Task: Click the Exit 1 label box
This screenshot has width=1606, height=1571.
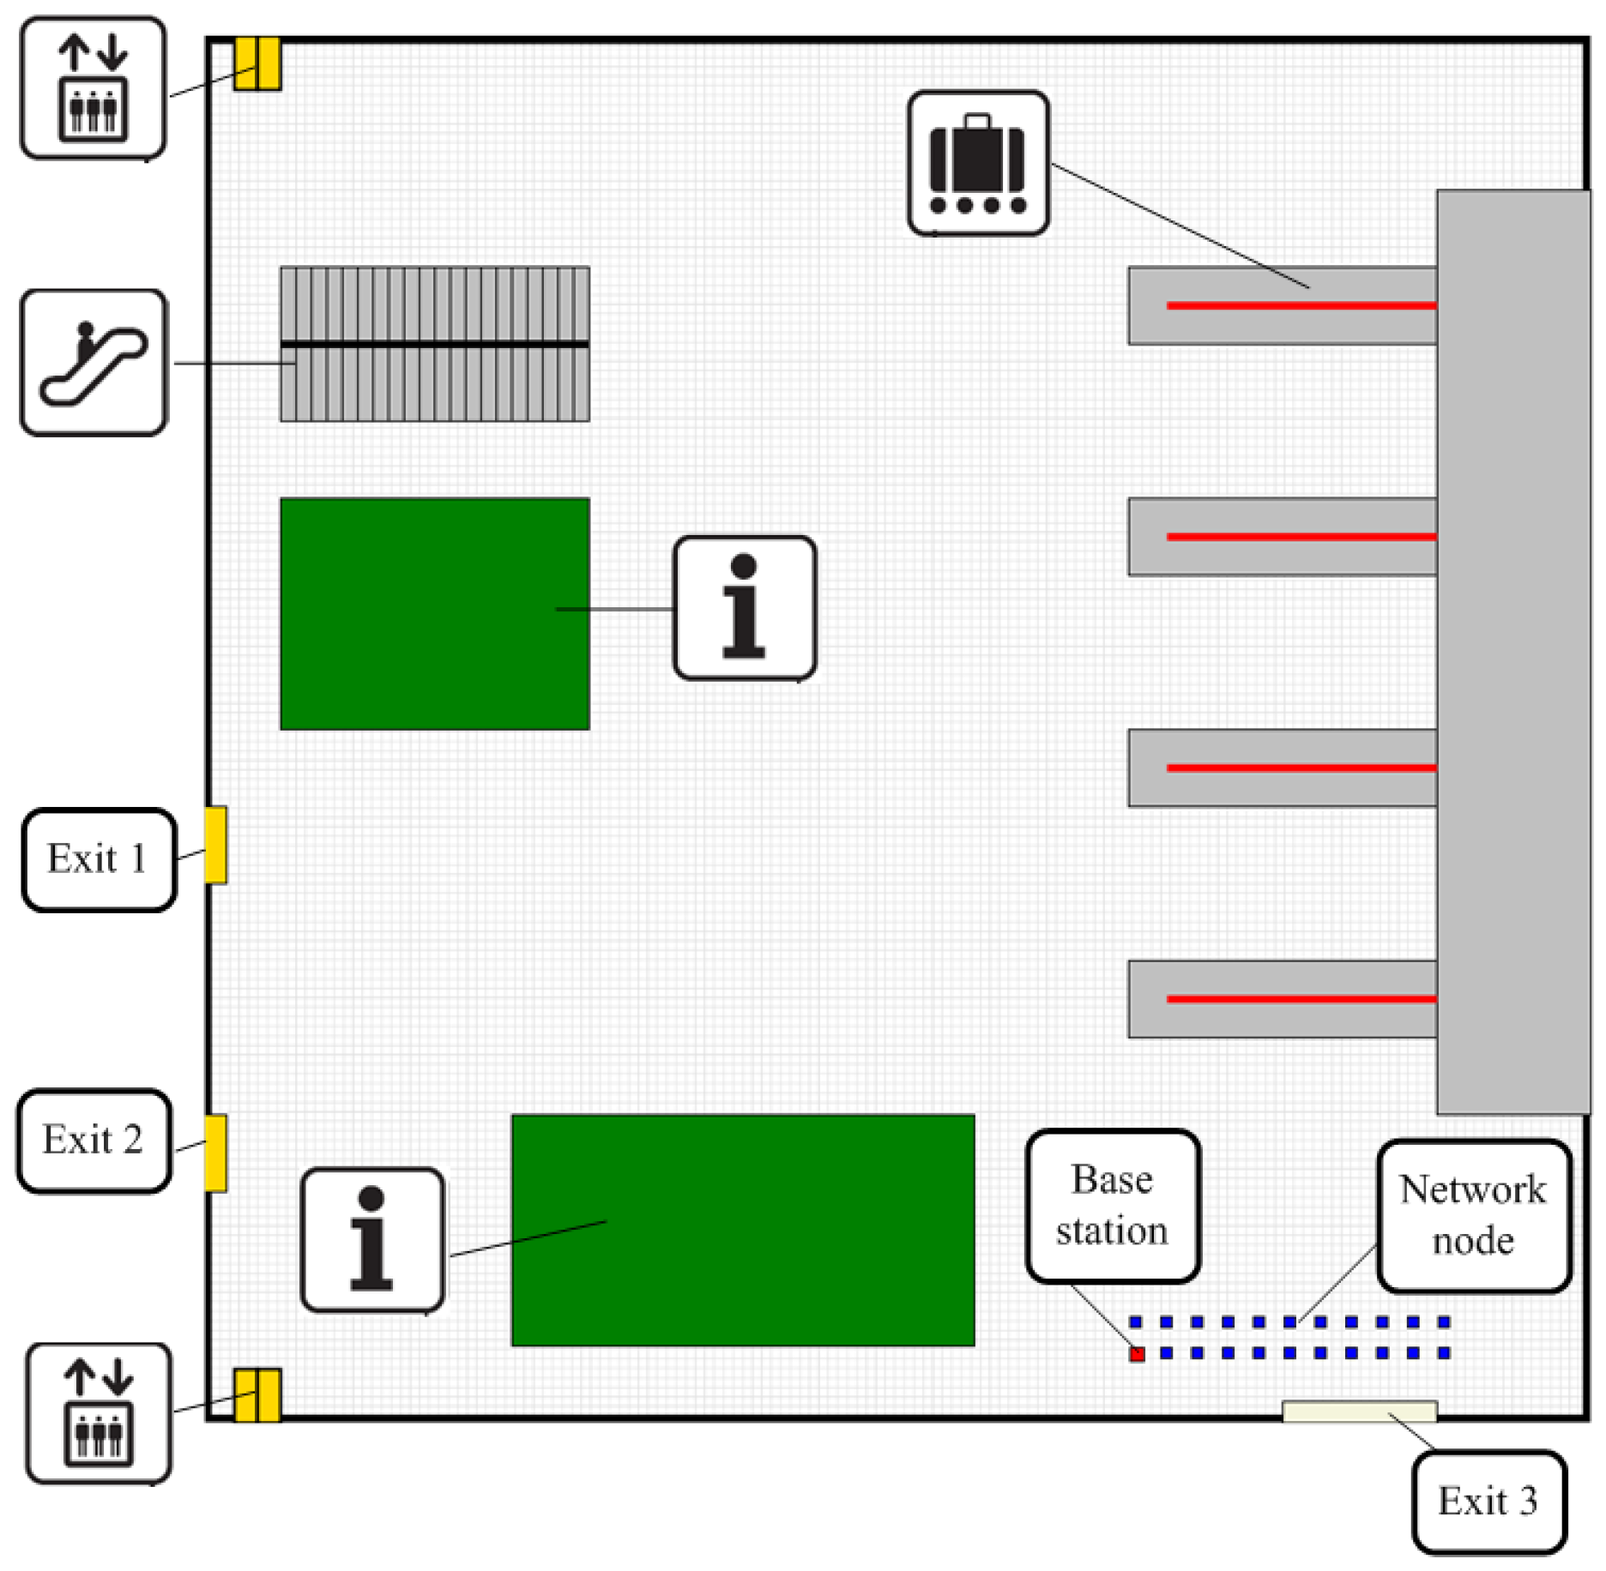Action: point(99,859)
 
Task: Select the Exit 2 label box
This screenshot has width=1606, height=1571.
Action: point(94,1141)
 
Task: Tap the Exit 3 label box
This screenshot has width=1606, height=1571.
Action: point(1488,1502)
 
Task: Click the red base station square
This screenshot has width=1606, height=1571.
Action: point(1137,1354)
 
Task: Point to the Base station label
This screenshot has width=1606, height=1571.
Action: point(1113,1205)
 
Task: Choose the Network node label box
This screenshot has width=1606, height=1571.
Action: point(1473,1215)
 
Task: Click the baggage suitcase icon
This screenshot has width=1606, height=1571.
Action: point(978,163)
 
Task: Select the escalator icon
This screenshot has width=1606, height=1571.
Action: point(94,363)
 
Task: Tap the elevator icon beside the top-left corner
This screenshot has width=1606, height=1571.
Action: point(94,88)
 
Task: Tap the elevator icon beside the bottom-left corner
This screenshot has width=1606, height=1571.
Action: point(99,1413)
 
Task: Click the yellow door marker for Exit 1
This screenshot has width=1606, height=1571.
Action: point(216,845)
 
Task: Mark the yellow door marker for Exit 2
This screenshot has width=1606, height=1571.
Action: point(216,1153)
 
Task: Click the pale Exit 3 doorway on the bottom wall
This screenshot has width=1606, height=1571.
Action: point(1359,1411)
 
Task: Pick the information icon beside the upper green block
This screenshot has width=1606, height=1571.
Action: point(744,608)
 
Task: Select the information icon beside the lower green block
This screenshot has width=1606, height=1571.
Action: point(372,1239)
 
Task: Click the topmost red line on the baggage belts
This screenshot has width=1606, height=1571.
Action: point(1301,305)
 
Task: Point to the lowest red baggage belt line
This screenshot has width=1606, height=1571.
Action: point(1301,999)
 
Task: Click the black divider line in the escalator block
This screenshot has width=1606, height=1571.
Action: point(434,345)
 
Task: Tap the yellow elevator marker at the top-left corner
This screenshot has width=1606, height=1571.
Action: point(257,63)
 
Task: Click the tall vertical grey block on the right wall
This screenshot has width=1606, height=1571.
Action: point(1512,652)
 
